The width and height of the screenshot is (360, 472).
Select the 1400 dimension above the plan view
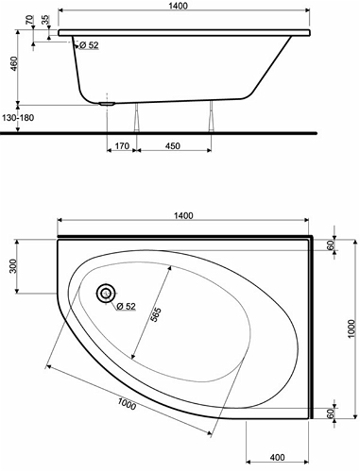pyautogui.click(x=183, y=215)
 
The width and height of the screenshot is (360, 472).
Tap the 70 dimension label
pyautogui.click(x=29, y=20)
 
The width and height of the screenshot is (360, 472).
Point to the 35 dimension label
pyautogui.click(x=45, y=20)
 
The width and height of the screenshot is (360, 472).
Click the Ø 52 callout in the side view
pyautogui.click(x=89, y=45)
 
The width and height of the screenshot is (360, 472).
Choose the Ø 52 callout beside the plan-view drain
pyautogui.click(x=126, y=306)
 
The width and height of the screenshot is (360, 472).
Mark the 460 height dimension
pyautogui.click(x=14, y=65)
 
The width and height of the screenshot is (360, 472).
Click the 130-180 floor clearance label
pyautogui.click(x=18, y=118)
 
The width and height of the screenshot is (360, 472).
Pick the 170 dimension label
pyautogui.click(x=122, y=146)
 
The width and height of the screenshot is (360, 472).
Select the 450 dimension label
pyautogui.click(x=173, y=146)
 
